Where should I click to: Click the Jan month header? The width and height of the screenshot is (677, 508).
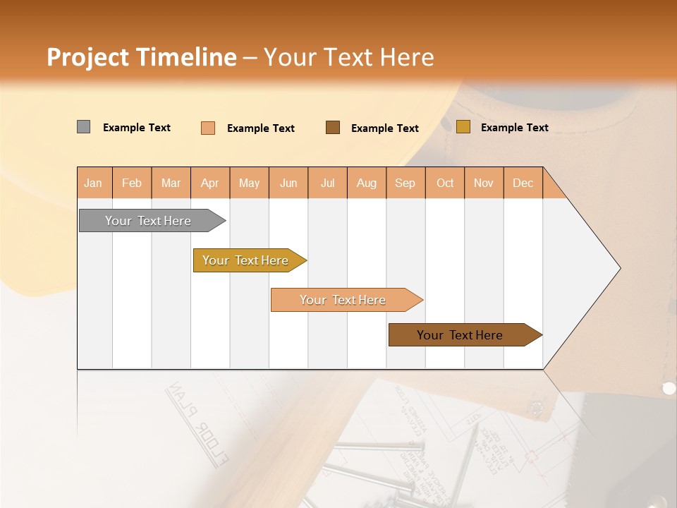pos(94,183)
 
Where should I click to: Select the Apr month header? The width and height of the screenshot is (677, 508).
pos(210,183)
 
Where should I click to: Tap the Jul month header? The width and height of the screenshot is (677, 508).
pos(327,183)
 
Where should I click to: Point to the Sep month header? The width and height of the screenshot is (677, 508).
pos(405,183)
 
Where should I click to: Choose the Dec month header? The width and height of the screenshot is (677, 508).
pos(523,183)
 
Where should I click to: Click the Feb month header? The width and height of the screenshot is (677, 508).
pos(132,183)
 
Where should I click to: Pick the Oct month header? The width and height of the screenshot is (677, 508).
pos(445,183)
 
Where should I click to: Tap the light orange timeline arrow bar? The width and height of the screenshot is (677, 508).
pos(343,300)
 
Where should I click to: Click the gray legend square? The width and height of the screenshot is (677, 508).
pos(83,127)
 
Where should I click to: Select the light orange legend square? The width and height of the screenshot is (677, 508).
pos(208,128)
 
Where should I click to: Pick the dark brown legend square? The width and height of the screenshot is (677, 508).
pos(333,127)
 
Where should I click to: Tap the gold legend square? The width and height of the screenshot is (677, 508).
pos(463,127)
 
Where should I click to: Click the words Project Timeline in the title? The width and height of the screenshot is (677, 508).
pos(141,57)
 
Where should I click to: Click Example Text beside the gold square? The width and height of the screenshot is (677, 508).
pos(514,128)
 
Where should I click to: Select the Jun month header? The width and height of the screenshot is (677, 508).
pos(288,183)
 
